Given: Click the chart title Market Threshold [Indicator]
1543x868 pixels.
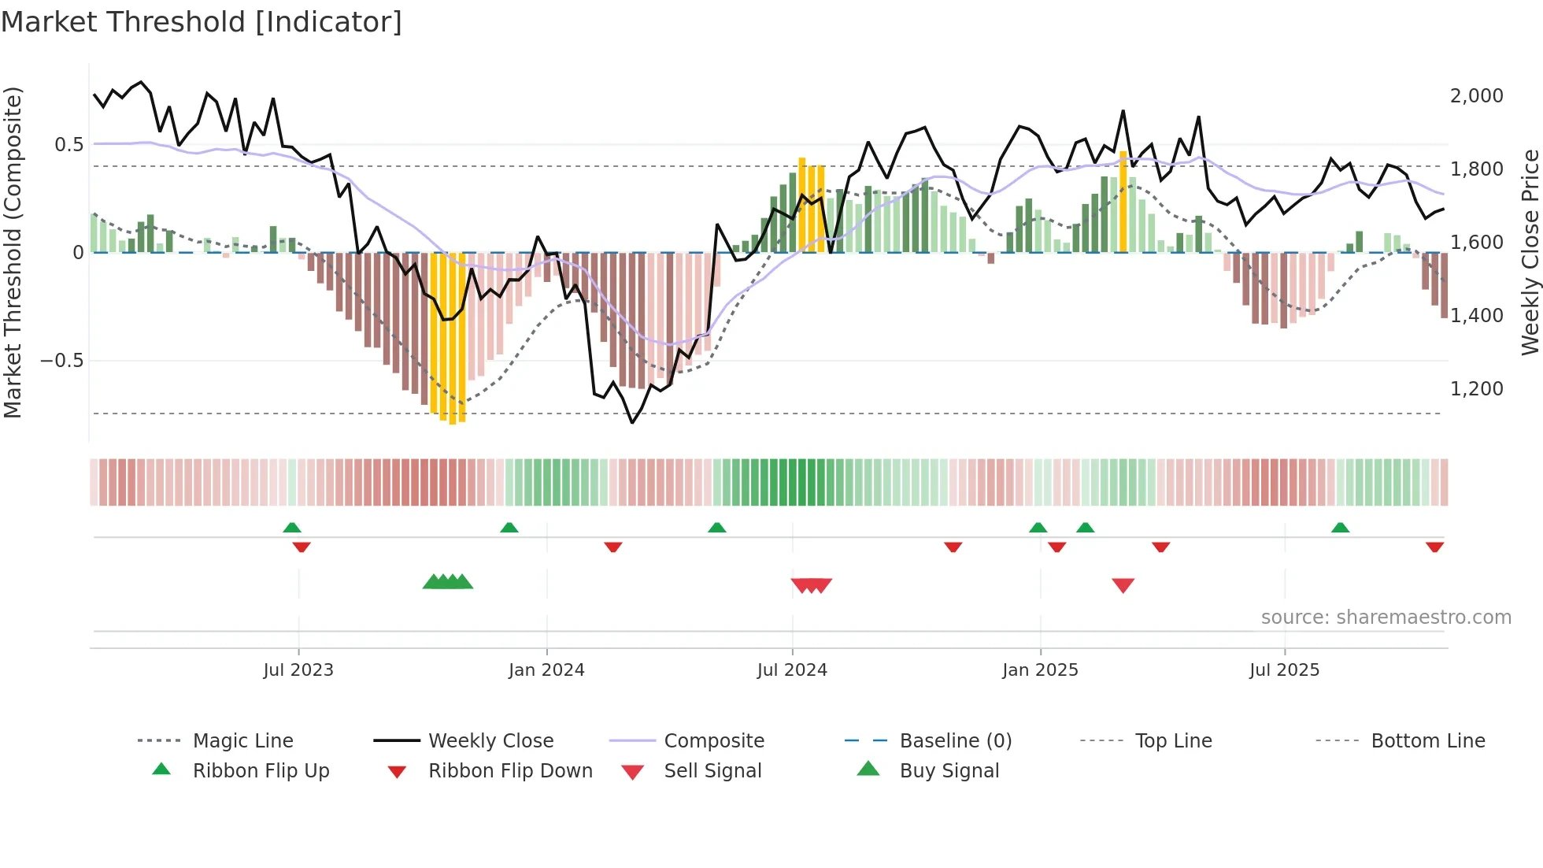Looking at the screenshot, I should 202,22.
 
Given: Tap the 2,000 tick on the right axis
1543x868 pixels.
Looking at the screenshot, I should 1476,95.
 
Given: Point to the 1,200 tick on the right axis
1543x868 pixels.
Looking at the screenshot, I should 1476,388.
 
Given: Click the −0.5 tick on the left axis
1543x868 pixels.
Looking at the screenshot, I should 61,361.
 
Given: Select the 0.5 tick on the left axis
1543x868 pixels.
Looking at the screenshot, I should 68,144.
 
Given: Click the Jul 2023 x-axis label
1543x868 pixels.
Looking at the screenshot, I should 298,670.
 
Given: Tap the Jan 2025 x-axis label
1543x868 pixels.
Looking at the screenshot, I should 1040,670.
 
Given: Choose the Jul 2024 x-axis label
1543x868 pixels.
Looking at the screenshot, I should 792,670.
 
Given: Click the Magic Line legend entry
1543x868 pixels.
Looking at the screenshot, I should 242,741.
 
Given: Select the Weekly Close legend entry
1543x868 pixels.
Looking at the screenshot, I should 490,741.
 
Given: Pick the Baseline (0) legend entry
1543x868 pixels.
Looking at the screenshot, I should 955,741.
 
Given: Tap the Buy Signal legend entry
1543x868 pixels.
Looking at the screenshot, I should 949,771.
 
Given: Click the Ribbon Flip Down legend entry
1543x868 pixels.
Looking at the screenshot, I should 510,771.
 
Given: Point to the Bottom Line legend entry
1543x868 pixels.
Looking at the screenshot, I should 1427,741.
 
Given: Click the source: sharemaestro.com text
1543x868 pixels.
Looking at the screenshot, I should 1386,618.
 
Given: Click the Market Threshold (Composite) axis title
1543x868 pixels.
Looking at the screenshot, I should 13,252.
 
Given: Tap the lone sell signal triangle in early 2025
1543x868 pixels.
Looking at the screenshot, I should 1123,585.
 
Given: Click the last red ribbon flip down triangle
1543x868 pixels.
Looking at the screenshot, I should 1434,547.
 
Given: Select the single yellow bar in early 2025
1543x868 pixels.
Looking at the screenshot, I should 1123,202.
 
